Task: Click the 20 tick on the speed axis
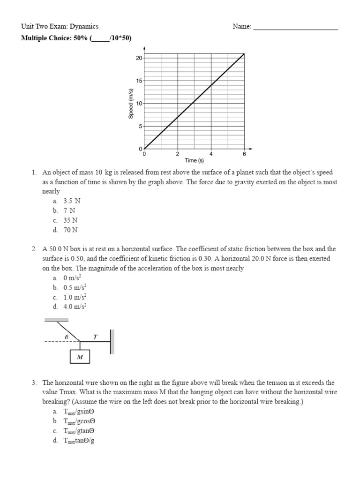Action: click(x=139, y=58)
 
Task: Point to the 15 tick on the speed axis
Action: click(x=139, y=81)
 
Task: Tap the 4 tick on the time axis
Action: click(x=211, y=154)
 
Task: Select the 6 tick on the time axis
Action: click(x=244, y=154)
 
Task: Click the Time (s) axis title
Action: click(x=194, y=161)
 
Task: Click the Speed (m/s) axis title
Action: click(x=131, y=103)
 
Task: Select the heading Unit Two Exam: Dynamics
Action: click(x=60, y=27)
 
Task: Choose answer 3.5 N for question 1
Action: click(x=72, y=201)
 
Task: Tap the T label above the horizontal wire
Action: click(x=96, y=337)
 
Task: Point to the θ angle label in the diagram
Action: click(x=67, y=337)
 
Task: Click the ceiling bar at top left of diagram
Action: click(x=56, y=320)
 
